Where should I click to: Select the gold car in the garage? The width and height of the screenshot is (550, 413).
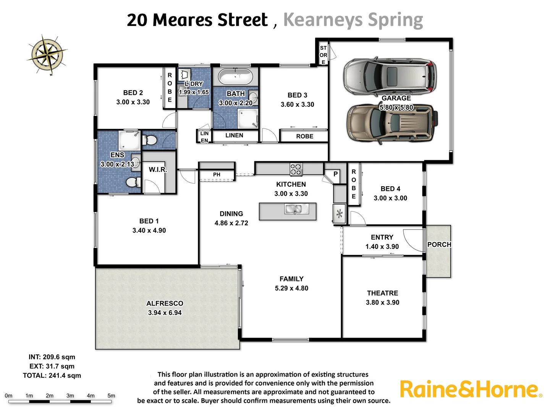point(392,123)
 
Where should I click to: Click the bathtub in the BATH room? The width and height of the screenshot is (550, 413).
point(235,77)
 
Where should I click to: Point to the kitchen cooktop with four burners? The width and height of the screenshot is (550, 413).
point(296,169)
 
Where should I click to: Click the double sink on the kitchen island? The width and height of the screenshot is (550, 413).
point(293,209)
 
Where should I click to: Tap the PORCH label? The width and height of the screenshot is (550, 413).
point(439,244)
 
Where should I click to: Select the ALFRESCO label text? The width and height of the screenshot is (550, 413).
point(165,303)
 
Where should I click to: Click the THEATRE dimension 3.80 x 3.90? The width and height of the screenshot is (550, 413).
point(382,302)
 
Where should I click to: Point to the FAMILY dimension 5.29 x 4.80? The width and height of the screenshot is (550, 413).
point(291,288)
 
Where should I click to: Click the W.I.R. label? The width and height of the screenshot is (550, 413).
point(158,169)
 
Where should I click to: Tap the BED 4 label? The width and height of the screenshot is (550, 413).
point(390,189)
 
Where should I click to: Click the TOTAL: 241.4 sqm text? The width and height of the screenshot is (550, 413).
point(52,376)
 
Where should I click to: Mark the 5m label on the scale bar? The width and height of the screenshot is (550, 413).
point(111,396)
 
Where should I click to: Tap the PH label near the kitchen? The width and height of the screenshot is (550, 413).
point(217,175)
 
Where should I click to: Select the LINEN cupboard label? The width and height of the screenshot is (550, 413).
point(234,135)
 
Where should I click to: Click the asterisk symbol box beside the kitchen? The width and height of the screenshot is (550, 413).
point(339,215)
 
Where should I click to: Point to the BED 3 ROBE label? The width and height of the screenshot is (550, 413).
point(304,136)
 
